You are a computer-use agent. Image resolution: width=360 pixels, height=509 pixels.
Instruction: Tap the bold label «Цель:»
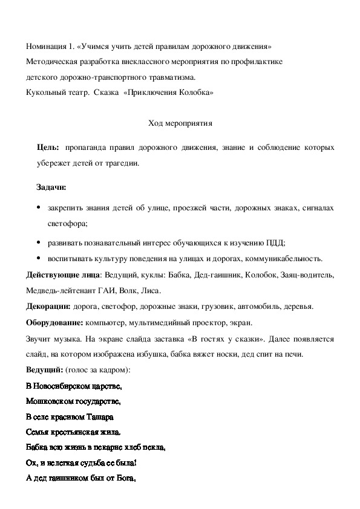pyautogui.click(x=48, y=148)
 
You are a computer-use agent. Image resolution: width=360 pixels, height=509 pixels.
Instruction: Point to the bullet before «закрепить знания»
pyautogui.click(x=39, y=208)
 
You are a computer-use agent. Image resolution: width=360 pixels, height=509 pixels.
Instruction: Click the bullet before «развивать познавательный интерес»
pyautogui.click(x=39, y=242)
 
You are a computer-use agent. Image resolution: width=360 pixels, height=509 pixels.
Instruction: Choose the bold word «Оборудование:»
pyautogui.click(x=55, y=322)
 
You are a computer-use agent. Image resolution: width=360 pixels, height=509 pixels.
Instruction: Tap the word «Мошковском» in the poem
pyautogui.click(x=49, y=401)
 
